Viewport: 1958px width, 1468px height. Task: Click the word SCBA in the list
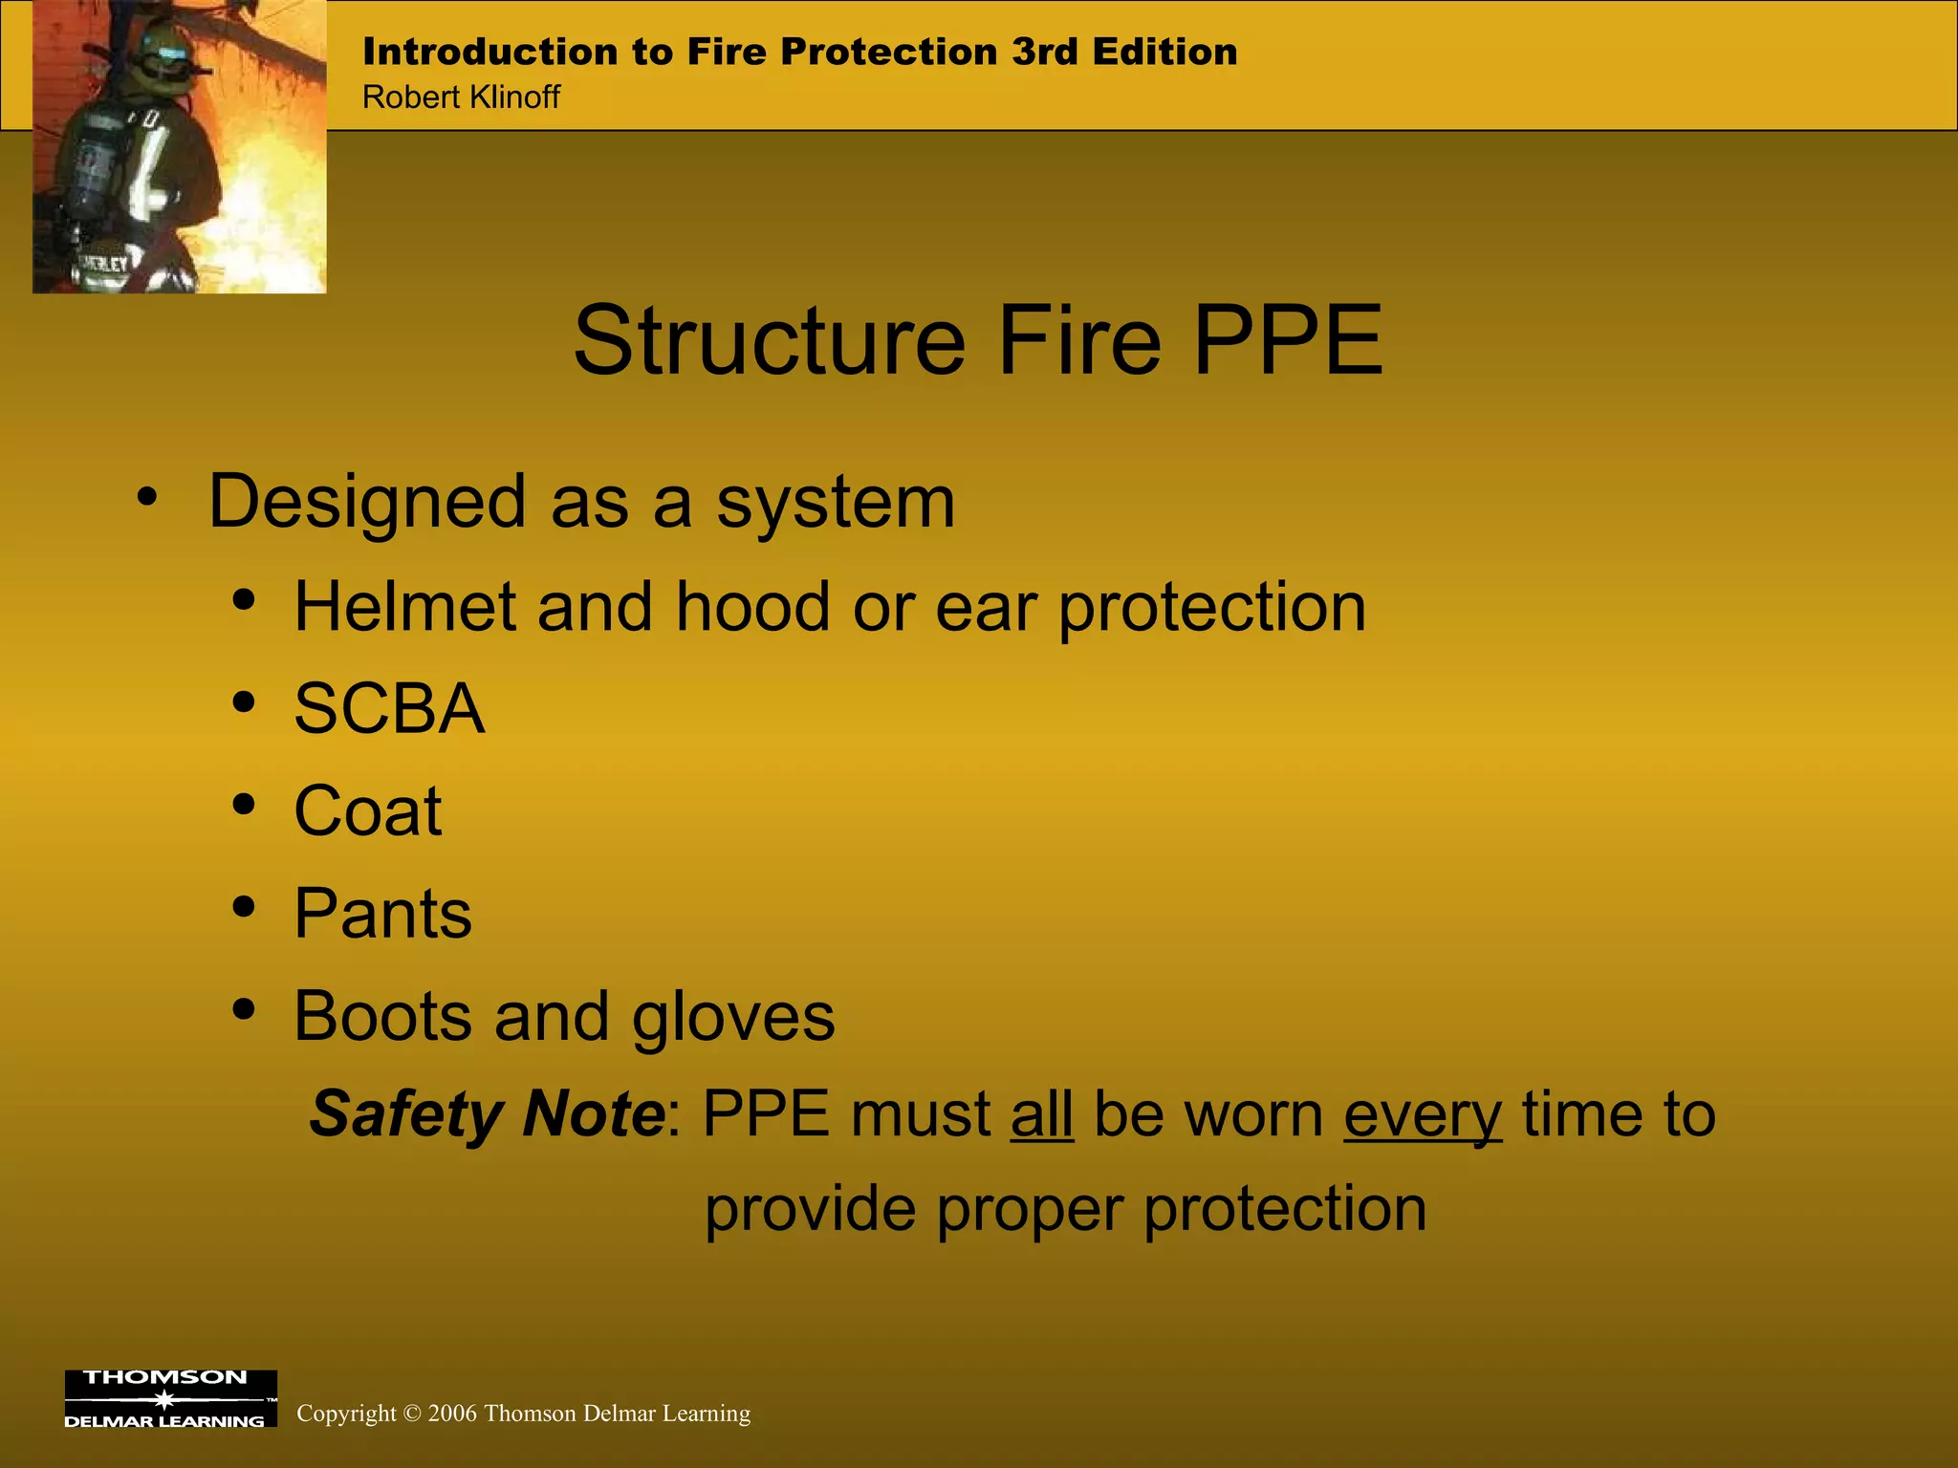point(389,709)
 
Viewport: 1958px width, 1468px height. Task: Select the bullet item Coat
point(368,811)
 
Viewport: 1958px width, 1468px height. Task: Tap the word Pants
point(382,914)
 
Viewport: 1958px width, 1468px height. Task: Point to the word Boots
point(383,1016)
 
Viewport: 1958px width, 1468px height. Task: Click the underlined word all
point(1042,1114)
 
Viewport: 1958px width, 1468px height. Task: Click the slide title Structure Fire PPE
point(977,341)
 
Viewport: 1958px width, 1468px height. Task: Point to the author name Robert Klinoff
point(461,97)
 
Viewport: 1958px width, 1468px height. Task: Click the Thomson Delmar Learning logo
point(170,1398)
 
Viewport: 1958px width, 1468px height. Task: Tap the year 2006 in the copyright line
point(452,1414)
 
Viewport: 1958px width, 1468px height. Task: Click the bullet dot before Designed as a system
point(146,497)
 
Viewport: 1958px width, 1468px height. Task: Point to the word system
point(836,503)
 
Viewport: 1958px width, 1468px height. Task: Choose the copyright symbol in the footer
point(412,1414)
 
